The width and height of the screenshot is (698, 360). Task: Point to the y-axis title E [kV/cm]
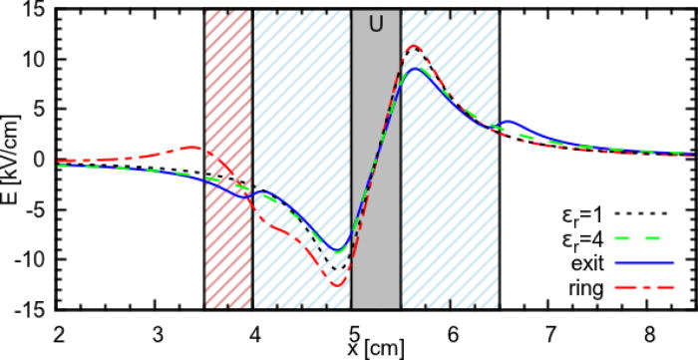pyautogui.click(x=11, y=160)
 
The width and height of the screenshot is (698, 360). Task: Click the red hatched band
pyautogui.click(x=228, y=160)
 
